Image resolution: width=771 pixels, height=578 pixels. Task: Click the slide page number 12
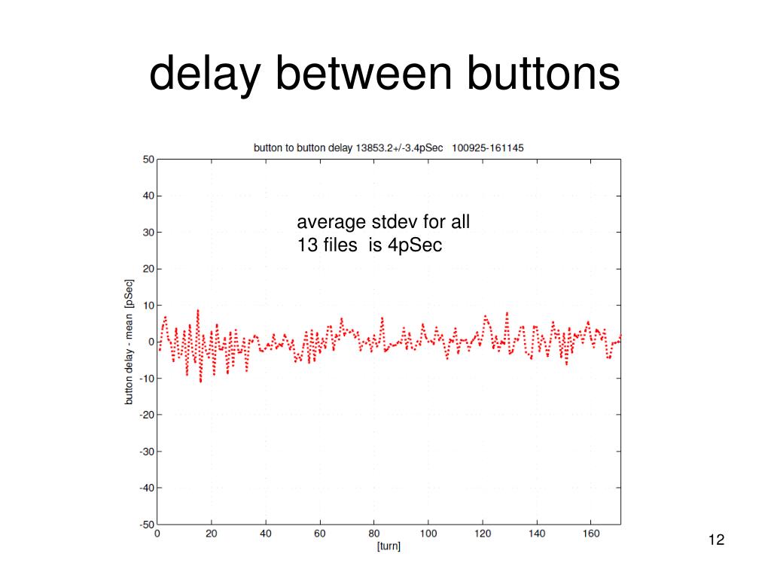click(715, 540)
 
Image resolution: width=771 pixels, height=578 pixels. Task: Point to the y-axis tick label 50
click(148, 160)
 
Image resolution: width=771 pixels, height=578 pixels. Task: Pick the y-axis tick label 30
click(148, 233)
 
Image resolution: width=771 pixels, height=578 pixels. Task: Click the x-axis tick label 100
click(428, 534)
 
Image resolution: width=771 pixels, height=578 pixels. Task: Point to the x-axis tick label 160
click(591, 534)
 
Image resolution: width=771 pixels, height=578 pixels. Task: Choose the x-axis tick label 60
click(320, 534)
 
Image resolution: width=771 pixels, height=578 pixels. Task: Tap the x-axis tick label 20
click(212, 534)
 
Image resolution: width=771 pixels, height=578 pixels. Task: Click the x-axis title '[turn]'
click(389, 547)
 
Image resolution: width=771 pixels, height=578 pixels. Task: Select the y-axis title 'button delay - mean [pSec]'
click(130, 342)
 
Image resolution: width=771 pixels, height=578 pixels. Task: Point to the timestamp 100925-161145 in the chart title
click(487, 148)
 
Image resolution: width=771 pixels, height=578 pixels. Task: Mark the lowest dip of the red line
click(200, 382)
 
